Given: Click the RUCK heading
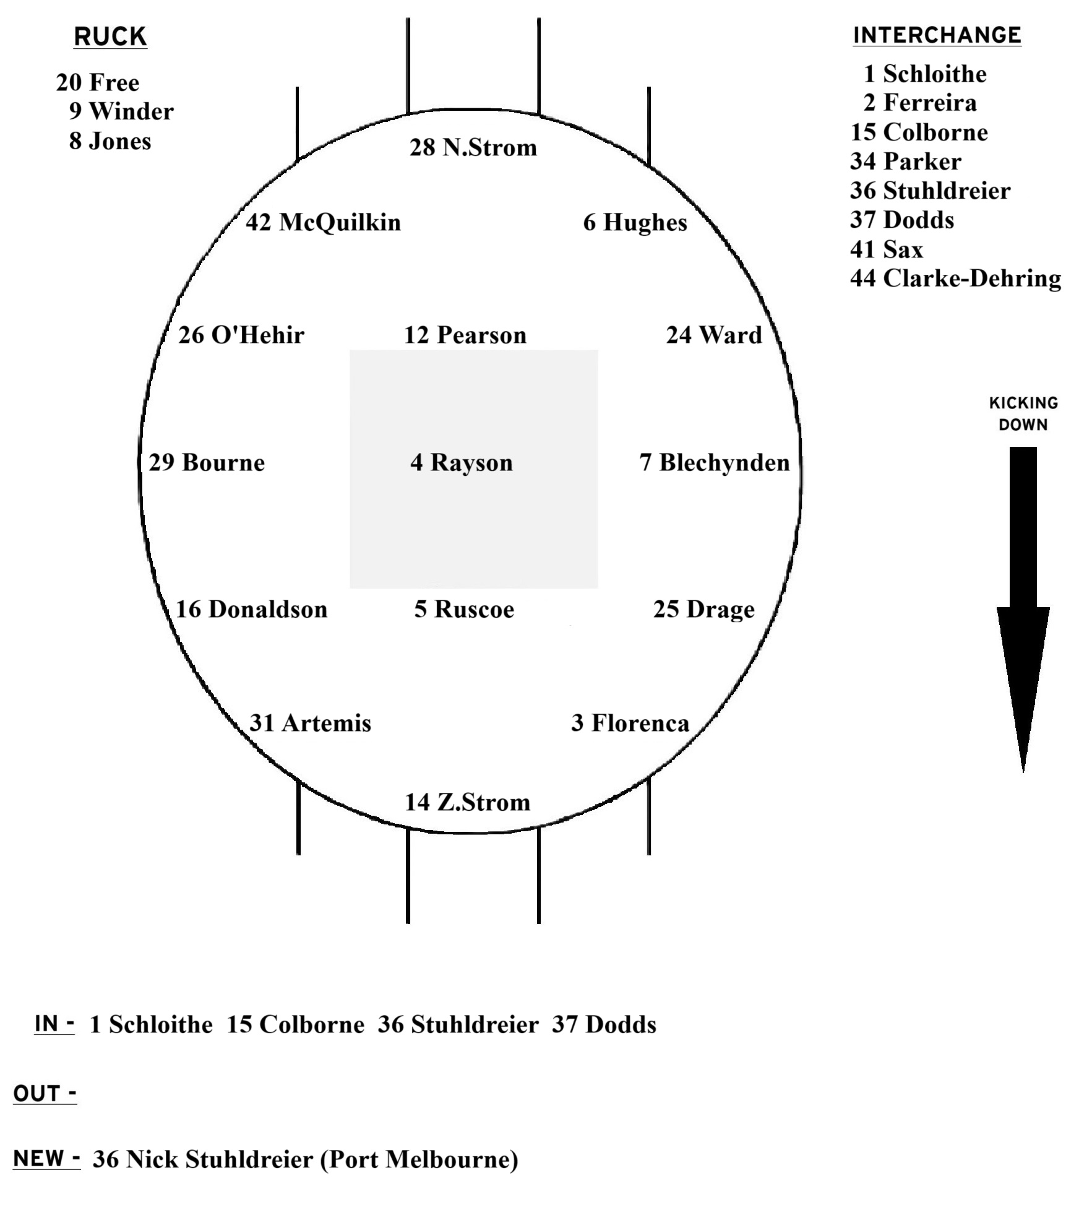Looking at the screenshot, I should [x=110, y=37].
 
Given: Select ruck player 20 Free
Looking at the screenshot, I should [x=98, y=82].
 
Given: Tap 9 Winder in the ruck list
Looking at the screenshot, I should [x=121, y=111].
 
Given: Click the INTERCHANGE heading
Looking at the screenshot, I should [x=937, y=35].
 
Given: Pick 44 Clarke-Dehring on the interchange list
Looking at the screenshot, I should [x=955, y=279].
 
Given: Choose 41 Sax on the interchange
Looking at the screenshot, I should [x=886, y=249].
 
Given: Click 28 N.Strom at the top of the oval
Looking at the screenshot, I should [x=473, y=147].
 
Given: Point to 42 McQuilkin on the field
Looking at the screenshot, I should [x=323, y=222].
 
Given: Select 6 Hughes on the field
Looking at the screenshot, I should [x=635, y=223].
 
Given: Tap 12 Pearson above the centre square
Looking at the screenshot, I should [x=465, y=335].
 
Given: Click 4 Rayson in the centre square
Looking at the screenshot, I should [x=462, y=462].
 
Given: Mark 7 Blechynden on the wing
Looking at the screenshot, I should [x=715, y=462].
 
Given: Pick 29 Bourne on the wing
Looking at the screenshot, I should [x=207, y=462].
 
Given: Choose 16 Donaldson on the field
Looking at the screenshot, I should [x=251, y=609].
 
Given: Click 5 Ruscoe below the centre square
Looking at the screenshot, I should [x=464, y=609].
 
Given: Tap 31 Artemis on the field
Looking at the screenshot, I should [x=310, y=723].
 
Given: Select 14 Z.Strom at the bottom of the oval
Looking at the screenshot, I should [x=468, y=802].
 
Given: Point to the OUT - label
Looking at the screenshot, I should [x=45, y=1094].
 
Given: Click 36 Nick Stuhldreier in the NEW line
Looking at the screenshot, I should [x=305, y=1159].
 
